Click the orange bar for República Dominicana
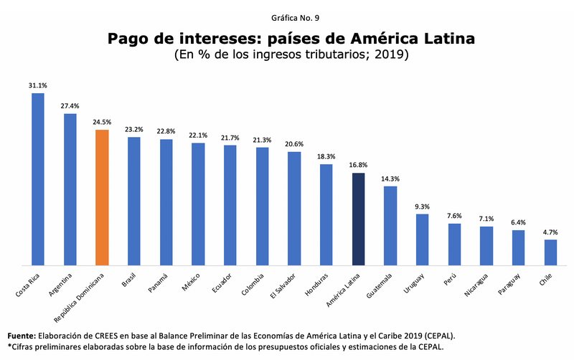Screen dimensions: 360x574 102,197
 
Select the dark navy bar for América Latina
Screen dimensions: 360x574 358,219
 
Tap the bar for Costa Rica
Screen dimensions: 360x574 38,179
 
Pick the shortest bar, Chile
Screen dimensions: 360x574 550,252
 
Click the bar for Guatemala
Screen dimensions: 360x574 390,225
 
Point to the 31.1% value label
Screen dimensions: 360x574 38,85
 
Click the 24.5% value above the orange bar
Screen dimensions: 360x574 102,122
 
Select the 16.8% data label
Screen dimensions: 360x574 358,166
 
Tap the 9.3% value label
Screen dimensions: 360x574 422,207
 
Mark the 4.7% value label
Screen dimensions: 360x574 550,232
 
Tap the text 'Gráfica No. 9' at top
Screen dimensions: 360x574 287,16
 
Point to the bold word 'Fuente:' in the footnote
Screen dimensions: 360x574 23,335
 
